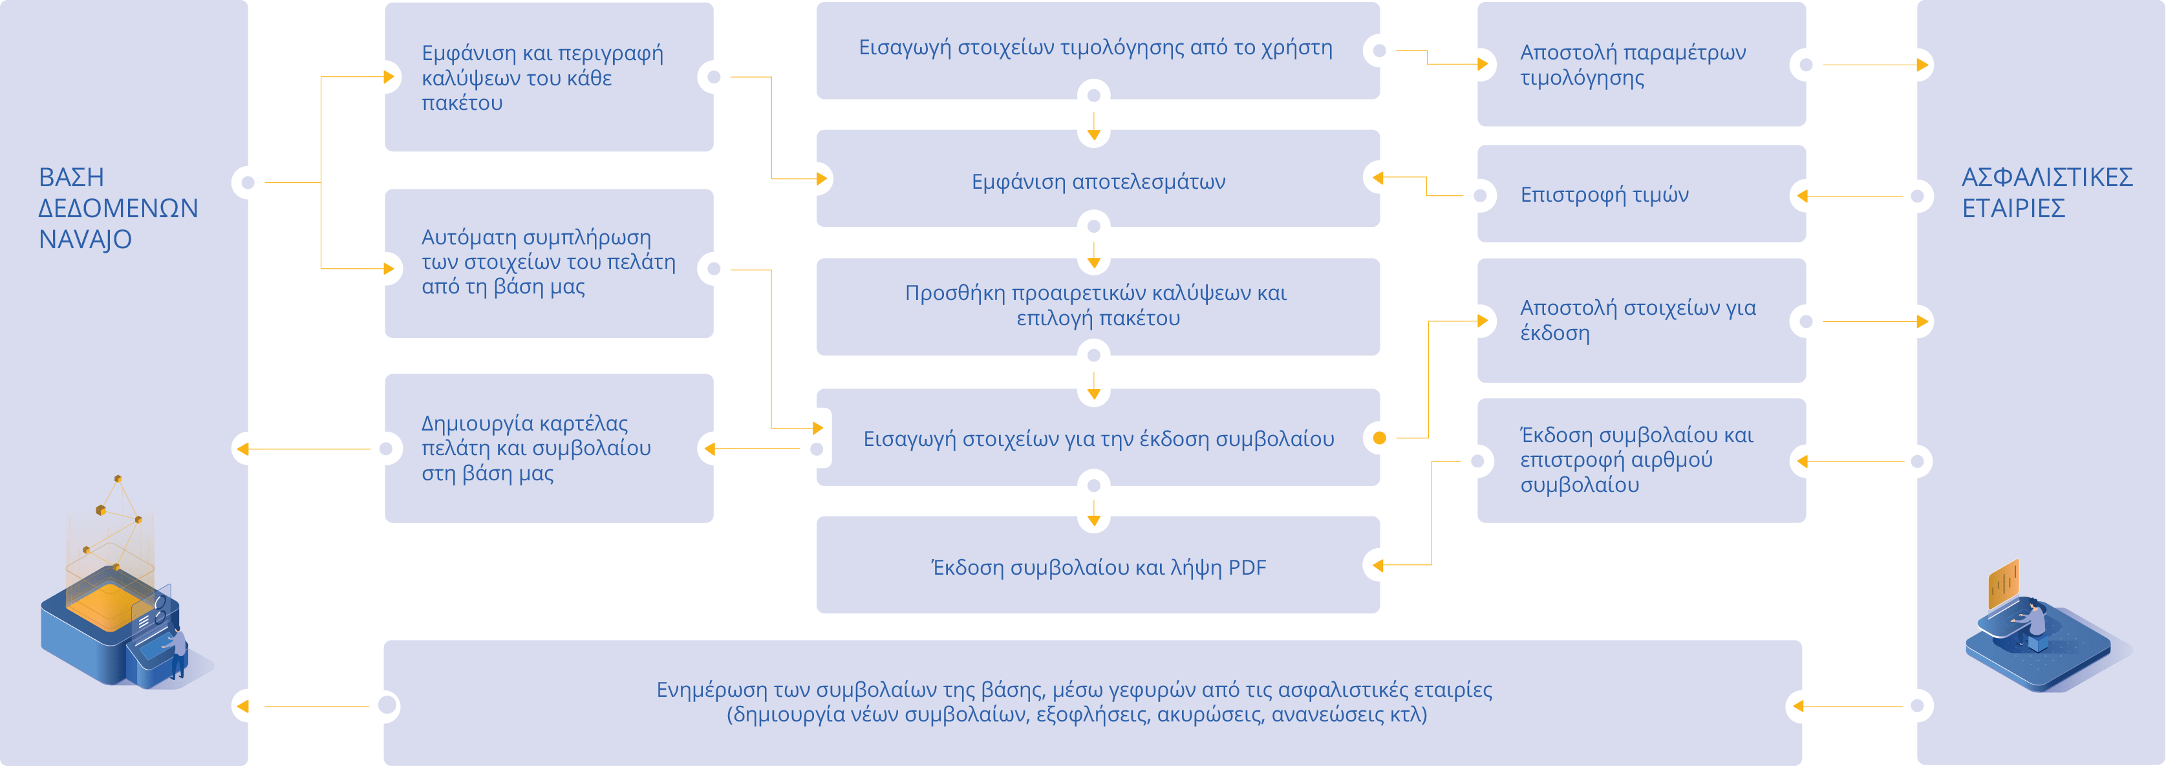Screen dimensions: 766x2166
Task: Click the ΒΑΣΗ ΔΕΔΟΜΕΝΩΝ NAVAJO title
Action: (x=118, y=207)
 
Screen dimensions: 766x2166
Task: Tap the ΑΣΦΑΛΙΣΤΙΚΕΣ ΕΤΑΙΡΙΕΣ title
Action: (x=2046, y=193)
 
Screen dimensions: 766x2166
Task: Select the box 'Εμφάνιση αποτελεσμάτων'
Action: (x=1098, y=182)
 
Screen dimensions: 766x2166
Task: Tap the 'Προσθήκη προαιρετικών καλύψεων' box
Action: (x=1096, y=305)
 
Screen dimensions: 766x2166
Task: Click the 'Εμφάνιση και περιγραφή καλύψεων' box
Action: (x=542, y=78)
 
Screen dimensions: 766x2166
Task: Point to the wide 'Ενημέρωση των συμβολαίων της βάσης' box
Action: (x=1074, y=702)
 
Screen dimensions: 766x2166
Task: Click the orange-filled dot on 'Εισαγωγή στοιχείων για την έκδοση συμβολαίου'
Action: (x=1379, y=438)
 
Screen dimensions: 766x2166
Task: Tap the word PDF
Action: (x=1247, y=568)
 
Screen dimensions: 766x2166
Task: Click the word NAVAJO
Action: (x=85, y=240)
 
